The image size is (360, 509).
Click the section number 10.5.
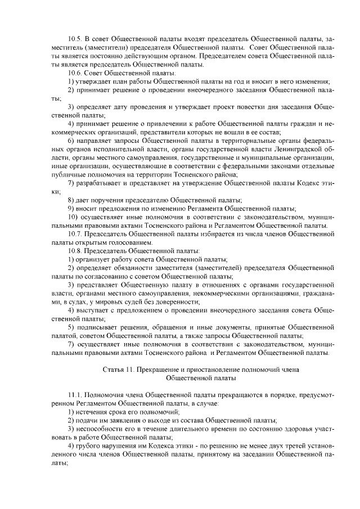75,39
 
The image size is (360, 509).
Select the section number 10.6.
75,73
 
